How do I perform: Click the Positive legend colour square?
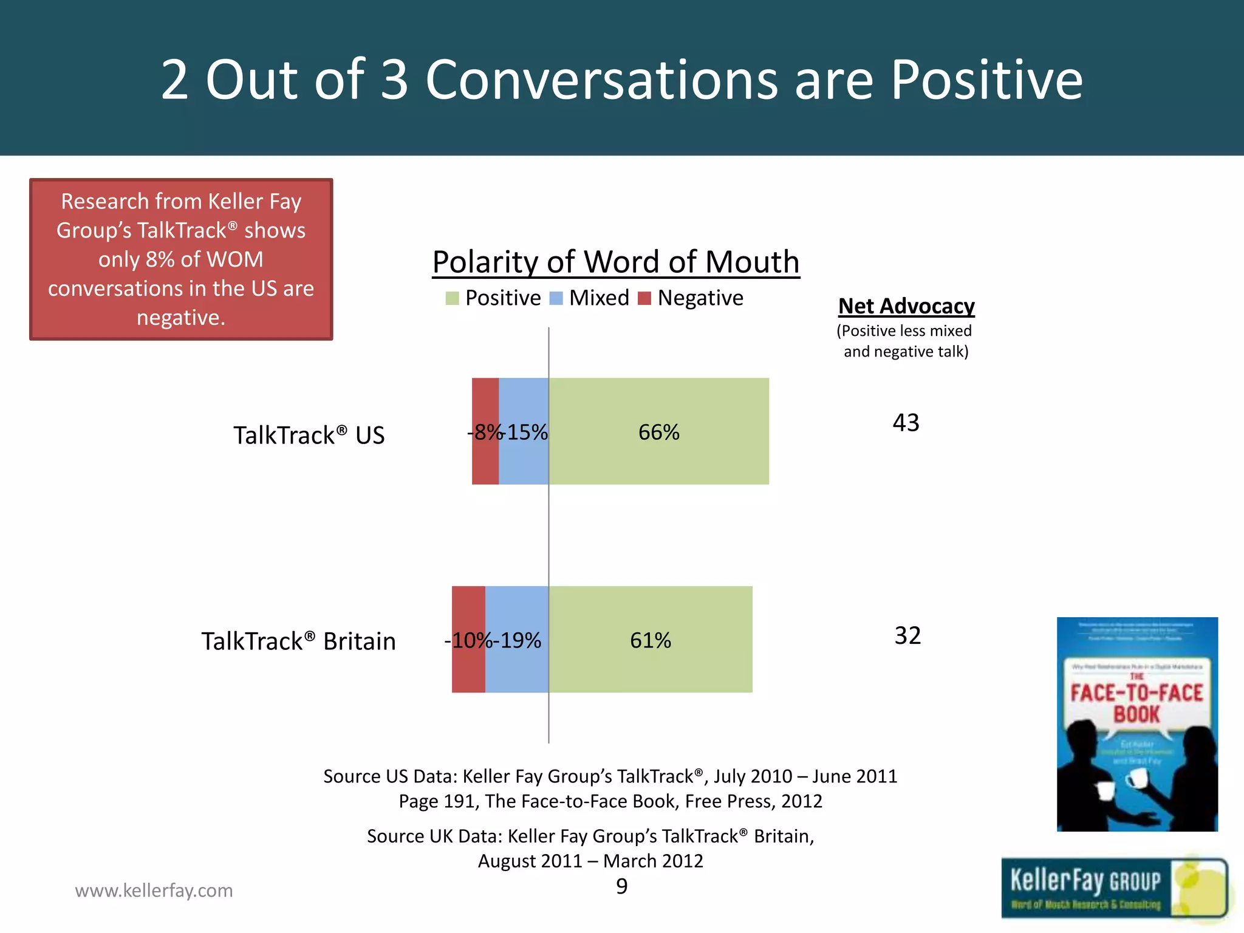click(x=452, y=298)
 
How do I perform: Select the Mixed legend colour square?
click(x=556, y=298)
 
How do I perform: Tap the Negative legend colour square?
click(x=644, y=298)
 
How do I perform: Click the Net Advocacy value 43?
click(x=906, y=423)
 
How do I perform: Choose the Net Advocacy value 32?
click(x=907, y=636)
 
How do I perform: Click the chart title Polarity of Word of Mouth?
click(x=616, y=262)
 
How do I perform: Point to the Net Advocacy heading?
click(x=906, y=306)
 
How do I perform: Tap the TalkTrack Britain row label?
click(x=298, y=641)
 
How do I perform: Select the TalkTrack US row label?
click(x=309, y=436)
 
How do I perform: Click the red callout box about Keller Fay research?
click(x=181, y=259)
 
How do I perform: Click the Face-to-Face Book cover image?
click(x=1137, y=724)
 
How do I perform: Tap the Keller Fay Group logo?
click(x=1114, y=888)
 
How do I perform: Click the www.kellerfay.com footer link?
click(x=154, y=890)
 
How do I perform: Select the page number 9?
click(x=621, y=886)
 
